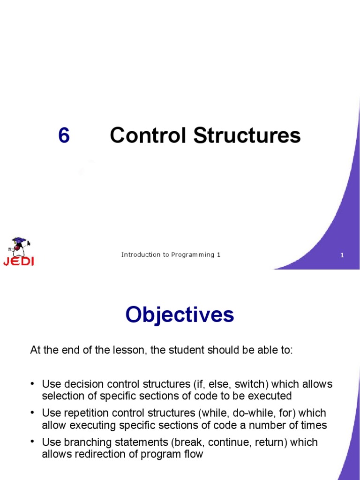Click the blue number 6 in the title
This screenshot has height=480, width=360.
64,135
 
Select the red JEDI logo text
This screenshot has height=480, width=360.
18,261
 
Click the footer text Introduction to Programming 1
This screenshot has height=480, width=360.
171,255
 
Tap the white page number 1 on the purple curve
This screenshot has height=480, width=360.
342,255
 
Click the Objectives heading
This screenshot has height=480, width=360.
180,315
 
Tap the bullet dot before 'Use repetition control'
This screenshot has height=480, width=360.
33,413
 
